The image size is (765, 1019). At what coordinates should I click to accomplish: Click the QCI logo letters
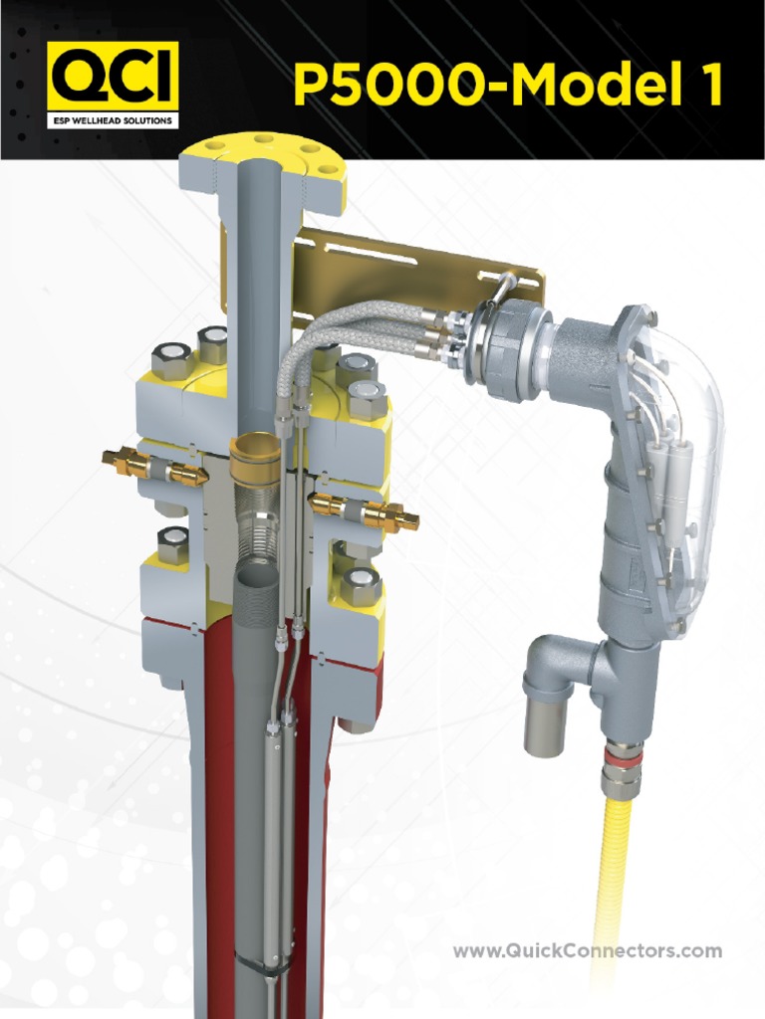pyautogui.click(x=112, y=77)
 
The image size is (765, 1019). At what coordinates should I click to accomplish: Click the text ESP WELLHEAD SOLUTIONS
pyautogui.click(x=112, y=121)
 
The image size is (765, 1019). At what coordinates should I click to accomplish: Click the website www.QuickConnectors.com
pyautogui.click(x=587, y=951)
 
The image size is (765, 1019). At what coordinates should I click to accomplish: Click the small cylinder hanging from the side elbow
pyautogui.click(x=545, y=726)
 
